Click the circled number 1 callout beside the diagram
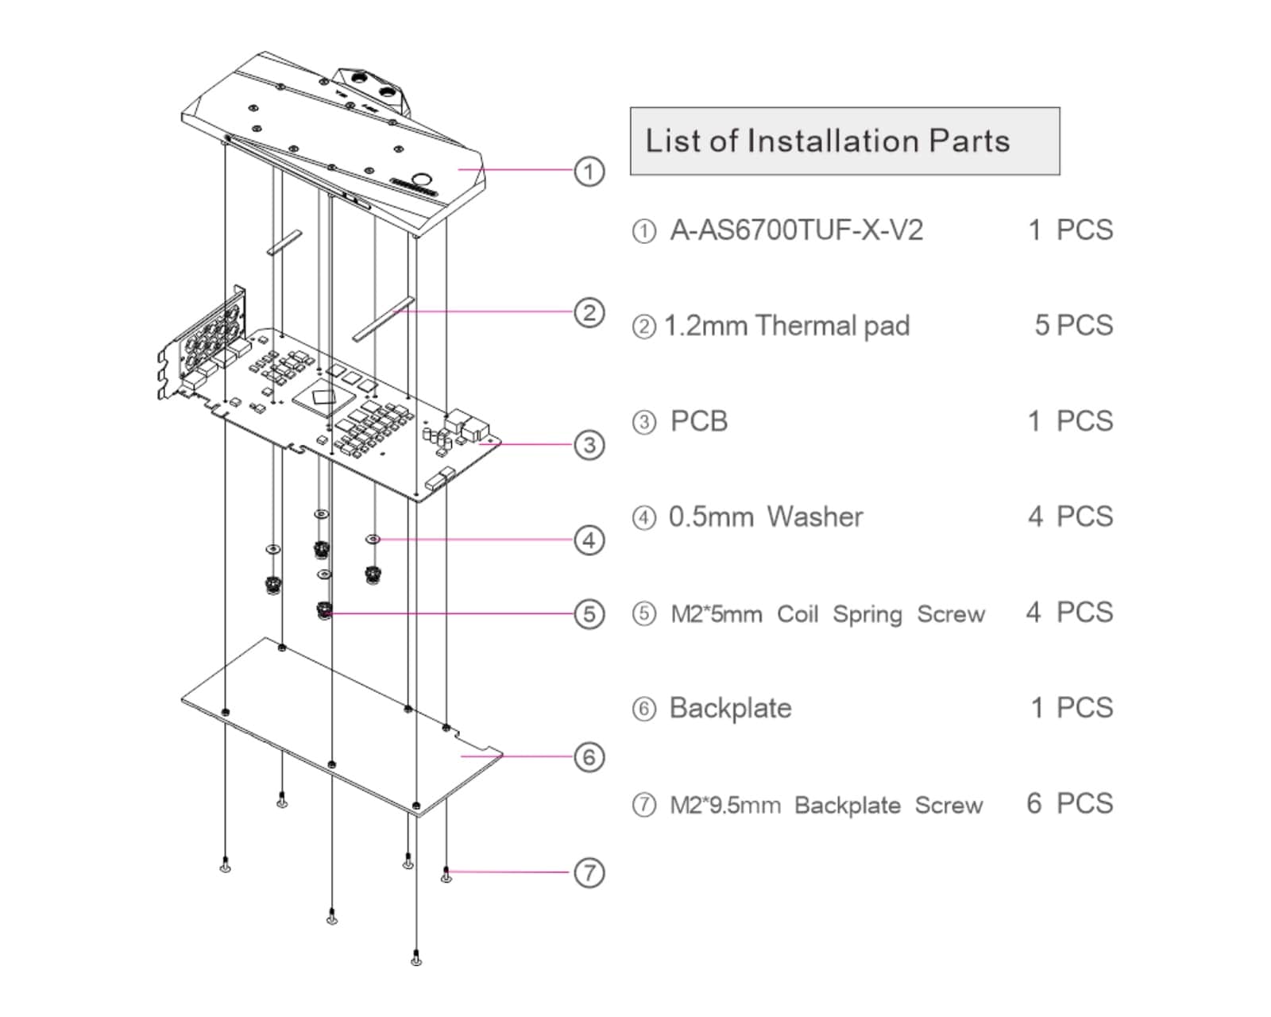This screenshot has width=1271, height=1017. click(589, 171)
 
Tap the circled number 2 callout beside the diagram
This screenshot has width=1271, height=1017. click(589, 312)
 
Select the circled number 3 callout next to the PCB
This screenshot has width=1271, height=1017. click(589, 445)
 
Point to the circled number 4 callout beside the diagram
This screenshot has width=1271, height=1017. click(589, 540)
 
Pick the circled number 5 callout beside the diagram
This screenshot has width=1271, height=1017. click(589, 613)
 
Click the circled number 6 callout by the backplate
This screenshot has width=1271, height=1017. click(589, 756)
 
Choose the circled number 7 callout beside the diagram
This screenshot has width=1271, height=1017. click(589, 872)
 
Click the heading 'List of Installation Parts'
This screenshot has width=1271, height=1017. click(827, 141)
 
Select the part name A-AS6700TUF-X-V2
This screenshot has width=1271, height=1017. click(796, 230)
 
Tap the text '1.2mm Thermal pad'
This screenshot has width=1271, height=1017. click(786, 326)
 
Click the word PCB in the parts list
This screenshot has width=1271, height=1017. click(699, 421)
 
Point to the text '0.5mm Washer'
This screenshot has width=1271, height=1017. click(766, 517)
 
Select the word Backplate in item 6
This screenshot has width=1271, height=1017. click(730, 708)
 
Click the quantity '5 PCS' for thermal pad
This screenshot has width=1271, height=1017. click(1073, 326)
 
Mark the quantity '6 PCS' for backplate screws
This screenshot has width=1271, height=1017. click(1069, 804)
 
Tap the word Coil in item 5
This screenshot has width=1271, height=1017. click(798, 614)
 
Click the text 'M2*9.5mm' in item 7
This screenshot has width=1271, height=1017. click(725, 806)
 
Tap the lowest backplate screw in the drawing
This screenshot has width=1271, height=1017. click(416, 959)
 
